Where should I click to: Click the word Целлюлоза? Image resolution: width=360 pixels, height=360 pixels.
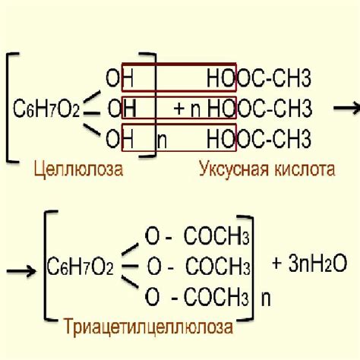[78, 169]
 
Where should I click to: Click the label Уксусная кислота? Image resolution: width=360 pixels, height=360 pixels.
[267, 169]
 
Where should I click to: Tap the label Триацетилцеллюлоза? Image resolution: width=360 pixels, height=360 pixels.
[148, 327]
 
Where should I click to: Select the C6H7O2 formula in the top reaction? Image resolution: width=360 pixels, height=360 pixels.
[46, 109]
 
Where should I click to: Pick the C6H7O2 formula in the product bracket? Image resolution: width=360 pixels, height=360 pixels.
[80, 267]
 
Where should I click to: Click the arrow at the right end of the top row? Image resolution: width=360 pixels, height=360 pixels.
[347, 108]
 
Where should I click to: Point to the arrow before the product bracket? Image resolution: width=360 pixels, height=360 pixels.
[21, 271]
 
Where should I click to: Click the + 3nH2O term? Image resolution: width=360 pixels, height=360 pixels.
[309, 264]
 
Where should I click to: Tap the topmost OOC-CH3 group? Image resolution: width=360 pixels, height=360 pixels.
[274, 78]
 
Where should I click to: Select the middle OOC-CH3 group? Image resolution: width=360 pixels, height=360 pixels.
[274, 108]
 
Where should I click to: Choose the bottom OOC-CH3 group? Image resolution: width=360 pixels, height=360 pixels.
[274, 138]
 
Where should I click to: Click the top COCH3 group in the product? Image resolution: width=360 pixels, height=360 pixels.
[216, 235]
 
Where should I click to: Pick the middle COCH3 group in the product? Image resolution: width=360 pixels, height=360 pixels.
[218, 266]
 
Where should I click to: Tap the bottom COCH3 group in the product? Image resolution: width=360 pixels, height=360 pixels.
[216, 296]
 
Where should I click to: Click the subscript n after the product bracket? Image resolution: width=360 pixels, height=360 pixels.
[266, 299]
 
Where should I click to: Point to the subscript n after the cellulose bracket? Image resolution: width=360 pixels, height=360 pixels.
[162, 141]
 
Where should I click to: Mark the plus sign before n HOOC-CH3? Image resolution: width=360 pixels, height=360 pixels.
[179, 109]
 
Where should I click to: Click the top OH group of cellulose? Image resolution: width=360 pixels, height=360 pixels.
[119, 78]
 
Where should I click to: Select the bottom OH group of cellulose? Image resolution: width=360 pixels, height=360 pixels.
[119, 138]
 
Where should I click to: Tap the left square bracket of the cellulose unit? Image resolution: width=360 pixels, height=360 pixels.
[8, 107]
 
